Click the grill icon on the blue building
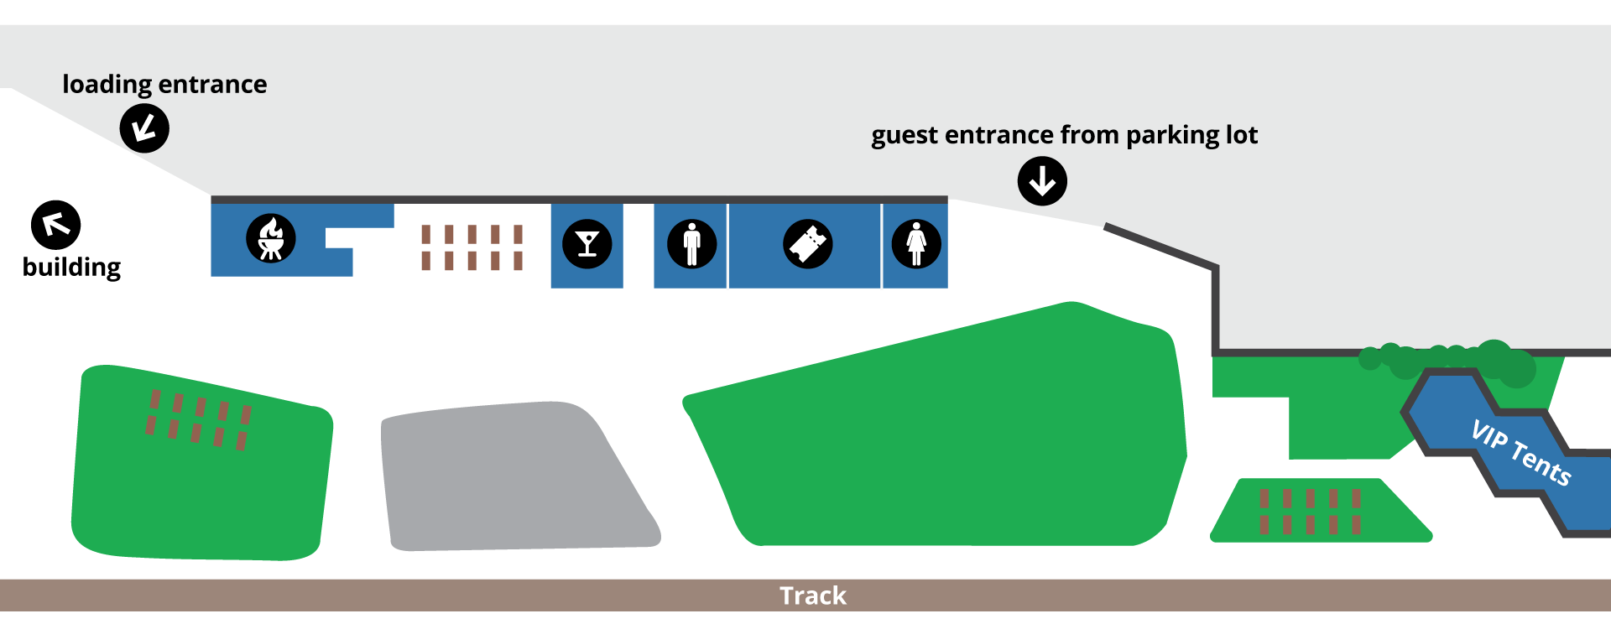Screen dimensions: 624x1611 (x=270, y=239)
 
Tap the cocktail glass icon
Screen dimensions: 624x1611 (x=587, y=244)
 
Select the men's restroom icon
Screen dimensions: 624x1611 (x=691, y=244)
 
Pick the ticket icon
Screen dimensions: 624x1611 (x=807, y=244)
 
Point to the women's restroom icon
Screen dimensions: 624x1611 (x=915, y=244)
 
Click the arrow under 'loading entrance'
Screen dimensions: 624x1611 (x=144, y=128)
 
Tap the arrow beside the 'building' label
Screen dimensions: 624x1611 (x=55, y=225)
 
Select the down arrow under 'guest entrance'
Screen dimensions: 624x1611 (x=1042, y=181)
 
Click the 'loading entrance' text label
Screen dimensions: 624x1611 (x=164, y=85)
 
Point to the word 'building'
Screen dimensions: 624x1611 (x=71, y=267)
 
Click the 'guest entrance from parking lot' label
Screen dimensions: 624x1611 (x=1064, y=135)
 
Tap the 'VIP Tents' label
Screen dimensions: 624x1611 (x=1520, y=453)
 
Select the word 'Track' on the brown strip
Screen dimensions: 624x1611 (x=812, y=595)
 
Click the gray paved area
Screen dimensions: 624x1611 (x=512, y=478)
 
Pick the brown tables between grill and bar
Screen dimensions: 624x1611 (x=472, y=247)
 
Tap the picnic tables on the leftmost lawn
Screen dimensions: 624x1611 (x=199, y=419)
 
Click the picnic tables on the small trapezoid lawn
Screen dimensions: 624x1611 (x=1309, y=512)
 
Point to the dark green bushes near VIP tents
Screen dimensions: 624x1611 (x=1452, y=359)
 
